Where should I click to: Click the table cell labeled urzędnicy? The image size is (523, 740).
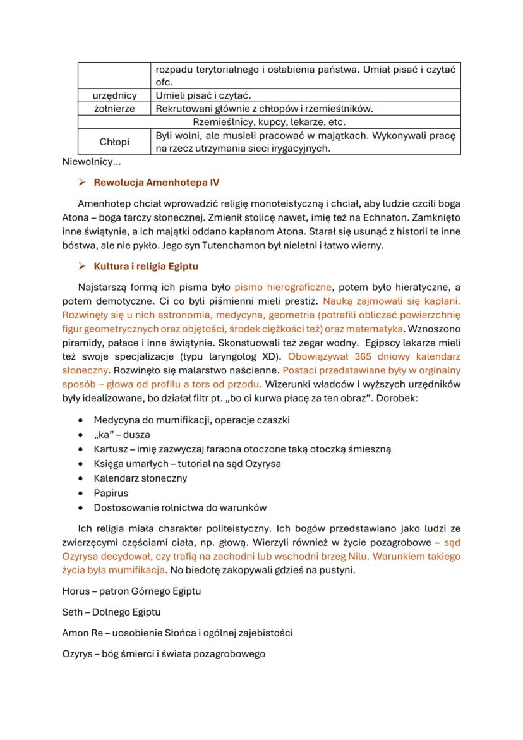tap(114, 95)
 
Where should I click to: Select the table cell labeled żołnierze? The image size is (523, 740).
tap(114, 108)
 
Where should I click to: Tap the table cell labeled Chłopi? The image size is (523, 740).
tap(114, 142)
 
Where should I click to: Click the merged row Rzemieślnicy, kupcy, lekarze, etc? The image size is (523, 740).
tap(269, 122)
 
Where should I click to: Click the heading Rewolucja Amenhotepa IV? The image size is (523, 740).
tap(157, 183)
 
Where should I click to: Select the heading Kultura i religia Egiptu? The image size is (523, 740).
tap(146, 266)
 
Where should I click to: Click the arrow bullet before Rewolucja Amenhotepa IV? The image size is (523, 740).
tap(81, 183)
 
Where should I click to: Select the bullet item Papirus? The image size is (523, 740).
tap(111, 493)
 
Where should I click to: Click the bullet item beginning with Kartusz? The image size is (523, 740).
tap(242, 449)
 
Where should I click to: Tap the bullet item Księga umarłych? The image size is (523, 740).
tap(187, 464)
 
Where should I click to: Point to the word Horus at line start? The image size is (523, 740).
tap(75, 591)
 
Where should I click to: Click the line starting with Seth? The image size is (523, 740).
tap(111, 612)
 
